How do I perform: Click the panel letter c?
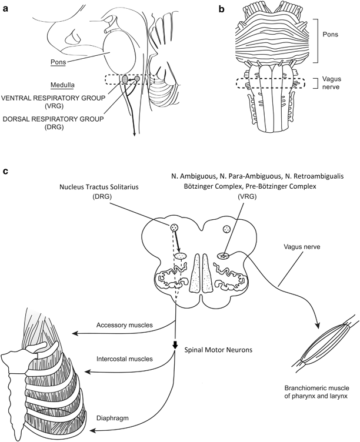(6, 172)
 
